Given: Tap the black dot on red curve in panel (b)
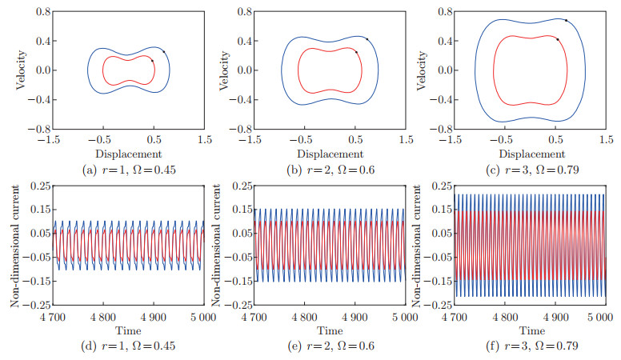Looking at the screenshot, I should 356,51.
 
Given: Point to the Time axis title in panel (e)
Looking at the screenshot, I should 330,330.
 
